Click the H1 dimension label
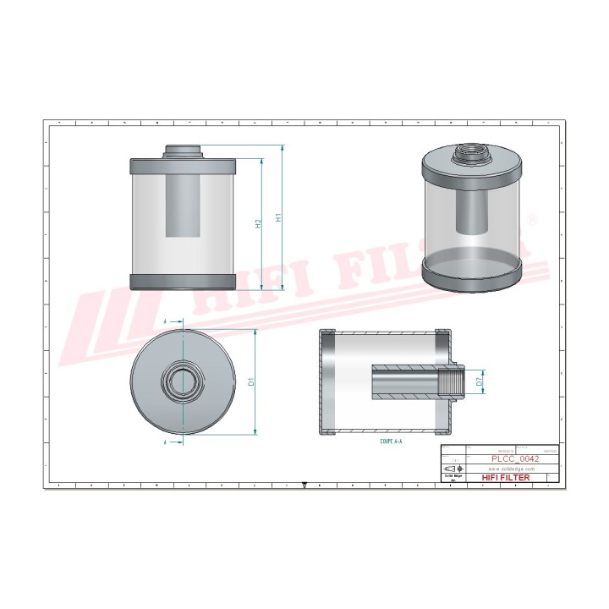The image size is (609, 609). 278,217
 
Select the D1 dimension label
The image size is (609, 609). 251,382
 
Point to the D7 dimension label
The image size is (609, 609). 479,382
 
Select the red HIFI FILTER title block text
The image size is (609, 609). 506,478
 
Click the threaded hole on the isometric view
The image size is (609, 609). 469,156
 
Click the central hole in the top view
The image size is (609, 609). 182,382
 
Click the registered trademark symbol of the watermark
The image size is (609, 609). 531,220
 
